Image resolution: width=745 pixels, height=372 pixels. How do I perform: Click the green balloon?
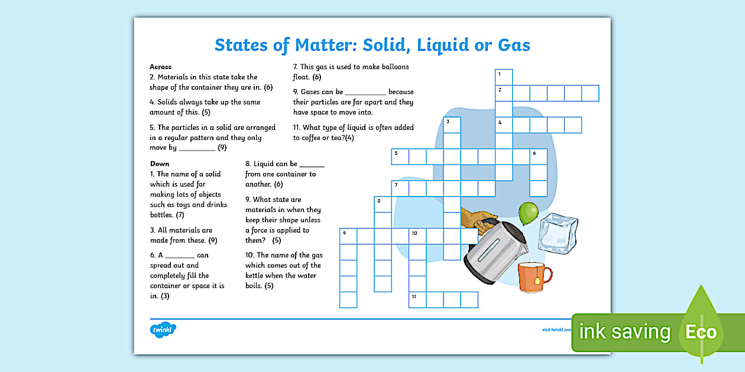click(x=528, y=212)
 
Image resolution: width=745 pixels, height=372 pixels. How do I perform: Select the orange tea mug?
click(x=533, y=277)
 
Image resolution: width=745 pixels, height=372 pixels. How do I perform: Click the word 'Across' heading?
click(x=160, y=67)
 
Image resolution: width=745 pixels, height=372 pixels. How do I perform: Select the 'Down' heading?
click(x=160, y=164)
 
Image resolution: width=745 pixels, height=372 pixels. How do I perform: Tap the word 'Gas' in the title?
click(x=511, y=45)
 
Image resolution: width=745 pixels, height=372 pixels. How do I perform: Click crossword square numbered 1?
click(x=504, y=77)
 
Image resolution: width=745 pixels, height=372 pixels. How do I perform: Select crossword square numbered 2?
click(x=504, y=93)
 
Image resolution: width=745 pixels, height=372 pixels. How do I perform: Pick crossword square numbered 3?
click(x=452, y=125)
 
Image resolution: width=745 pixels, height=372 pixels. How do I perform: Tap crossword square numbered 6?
click(x=538, y=156)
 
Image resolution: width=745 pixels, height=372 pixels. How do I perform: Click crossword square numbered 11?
click(x=417, y=299)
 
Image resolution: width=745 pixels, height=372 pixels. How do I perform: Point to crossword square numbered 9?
click(x=348, y=236)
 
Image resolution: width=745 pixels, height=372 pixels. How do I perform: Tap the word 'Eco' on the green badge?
click(x=701, y=332)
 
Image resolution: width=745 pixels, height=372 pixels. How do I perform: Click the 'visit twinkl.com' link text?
click(x=556, y=329)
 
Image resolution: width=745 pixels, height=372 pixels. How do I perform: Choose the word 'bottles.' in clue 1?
click(x=162, y=215)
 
